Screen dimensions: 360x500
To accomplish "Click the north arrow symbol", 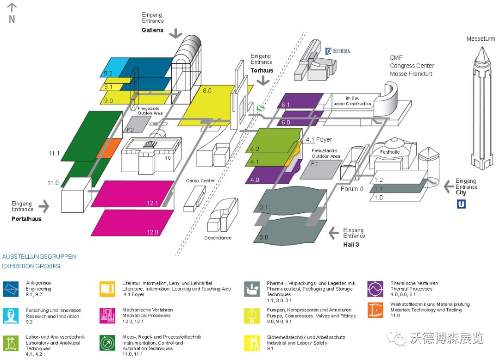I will pos(12,7).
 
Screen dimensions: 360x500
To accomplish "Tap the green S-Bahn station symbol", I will pos(261,108).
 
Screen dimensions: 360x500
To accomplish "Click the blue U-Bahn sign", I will pos(461,204).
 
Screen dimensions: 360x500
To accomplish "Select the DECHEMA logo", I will pos(338,51).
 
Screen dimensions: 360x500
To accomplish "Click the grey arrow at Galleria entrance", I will pos(176,33).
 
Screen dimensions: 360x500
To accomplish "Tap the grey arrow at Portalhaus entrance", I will pos(44,205).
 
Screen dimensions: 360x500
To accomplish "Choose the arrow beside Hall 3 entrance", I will pos(334,233).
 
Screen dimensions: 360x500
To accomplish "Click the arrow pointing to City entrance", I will pos(448,186).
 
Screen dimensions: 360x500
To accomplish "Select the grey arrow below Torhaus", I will pos(263,80).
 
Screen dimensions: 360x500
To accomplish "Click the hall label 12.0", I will pos(153,232).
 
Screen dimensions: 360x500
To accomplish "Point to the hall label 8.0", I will pos(207,91).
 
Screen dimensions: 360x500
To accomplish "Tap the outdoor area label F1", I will pos(315,164).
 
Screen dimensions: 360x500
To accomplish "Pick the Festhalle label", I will pos(389,151).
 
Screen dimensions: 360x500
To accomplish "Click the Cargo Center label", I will pos(200,180).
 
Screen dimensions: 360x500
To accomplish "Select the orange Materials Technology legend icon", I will pos(375,310).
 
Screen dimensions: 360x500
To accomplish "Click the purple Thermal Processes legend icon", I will pos(375,289).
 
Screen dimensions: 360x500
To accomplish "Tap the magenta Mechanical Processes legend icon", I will pos(107,316).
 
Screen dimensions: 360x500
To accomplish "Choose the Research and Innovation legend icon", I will pos(11,316).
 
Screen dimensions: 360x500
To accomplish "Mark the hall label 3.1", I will pos(264,207).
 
